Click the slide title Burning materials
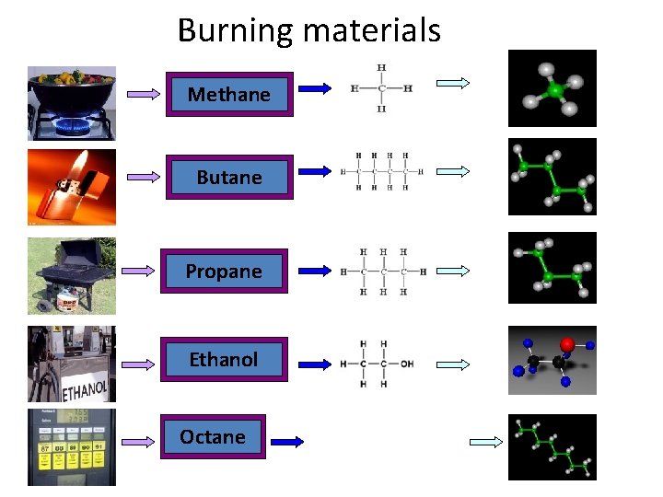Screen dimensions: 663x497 click(309, 30)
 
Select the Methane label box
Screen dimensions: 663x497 click(229, 94)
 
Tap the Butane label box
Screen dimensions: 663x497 click(229, 177)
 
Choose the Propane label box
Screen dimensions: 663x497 click(224, 271)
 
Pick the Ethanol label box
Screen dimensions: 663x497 click(224, 359)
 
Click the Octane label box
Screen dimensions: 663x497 click(213, 437)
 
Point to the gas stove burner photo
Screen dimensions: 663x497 click(72, 101)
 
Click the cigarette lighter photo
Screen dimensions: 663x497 click(72, 187)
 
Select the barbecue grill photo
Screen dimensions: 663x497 click(72, 275)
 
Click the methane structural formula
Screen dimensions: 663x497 click(381, 88)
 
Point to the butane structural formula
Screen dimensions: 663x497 click(381, 171)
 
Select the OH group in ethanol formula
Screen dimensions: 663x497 click(406, 364)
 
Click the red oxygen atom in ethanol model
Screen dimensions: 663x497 click(567, 344)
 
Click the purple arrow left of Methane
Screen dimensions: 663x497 click(143, 94)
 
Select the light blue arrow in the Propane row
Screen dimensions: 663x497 click(453, 272)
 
